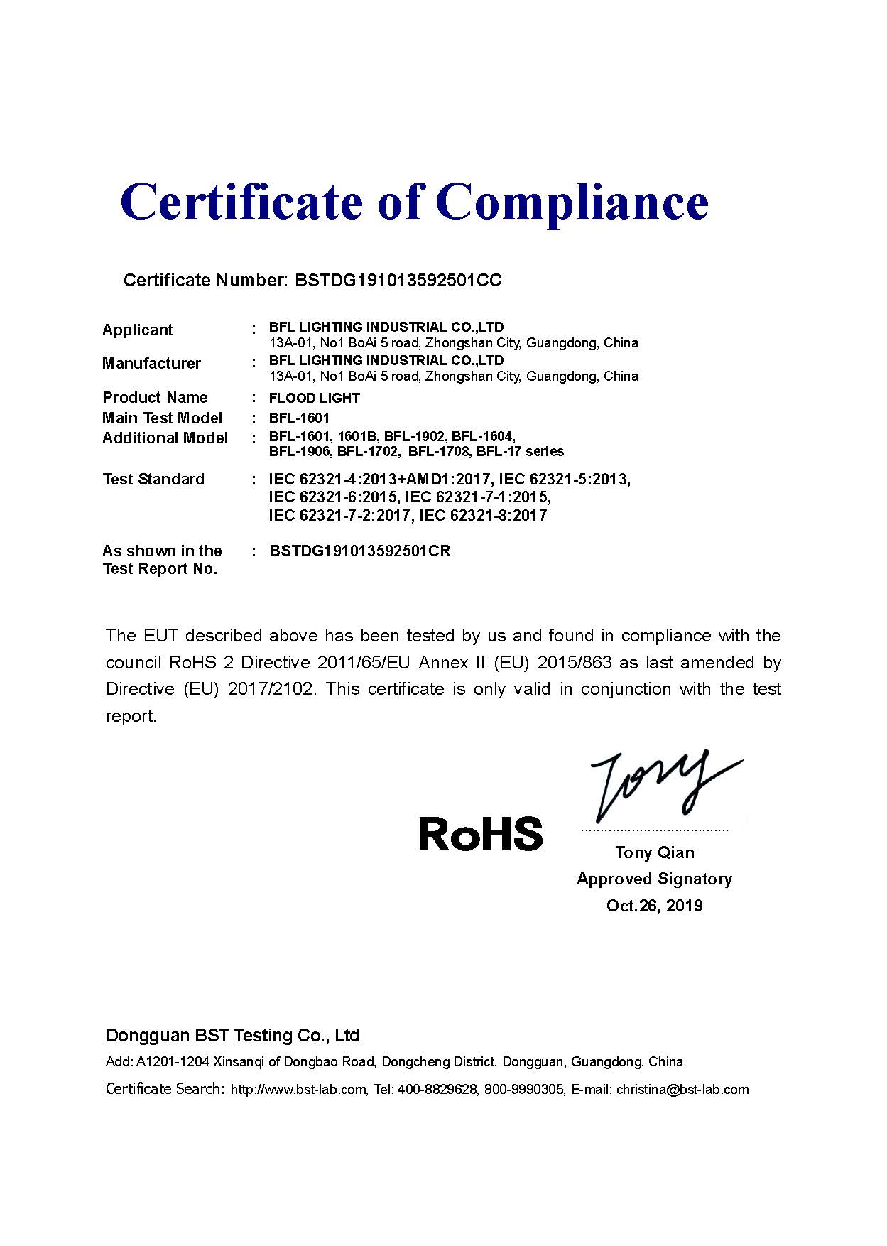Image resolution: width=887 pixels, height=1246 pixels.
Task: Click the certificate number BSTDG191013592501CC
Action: coord(398,280)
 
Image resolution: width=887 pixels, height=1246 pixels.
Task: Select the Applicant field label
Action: coord(137,330)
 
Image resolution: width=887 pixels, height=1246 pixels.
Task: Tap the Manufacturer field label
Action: coord(151,363)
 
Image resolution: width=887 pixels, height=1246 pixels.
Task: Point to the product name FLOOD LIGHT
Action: coord(314,398)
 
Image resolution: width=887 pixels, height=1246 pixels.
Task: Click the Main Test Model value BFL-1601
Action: coord(299,418)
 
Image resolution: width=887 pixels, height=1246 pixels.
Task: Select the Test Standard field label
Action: coord(153,479)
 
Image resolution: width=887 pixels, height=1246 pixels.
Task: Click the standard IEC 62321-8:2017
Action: coord(483,515)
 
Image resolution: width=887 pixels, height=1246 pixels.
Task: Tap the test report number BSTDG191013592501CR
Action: coord(359,551)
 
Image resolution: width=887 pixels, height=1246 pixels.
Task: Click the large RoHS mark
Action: coord(481,834)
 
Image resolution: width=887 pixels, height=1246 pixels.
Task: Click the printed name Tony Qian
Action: coord(654,852)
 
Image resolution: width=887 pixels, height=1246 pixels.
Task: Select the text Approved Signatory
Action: coord(654,879)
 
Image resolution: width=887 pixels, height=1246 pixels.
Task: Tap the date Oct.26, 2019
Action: coord(654,905)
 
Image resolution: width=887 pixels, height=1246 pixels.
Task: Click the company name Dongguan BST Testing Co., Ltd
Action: coord(232,1035)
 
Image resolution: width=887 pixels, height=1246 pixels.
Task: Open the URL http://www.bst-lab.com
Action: coord(298,1089)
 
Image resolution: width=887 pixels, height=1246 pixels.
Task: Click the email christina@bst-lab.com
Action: coord(682,1089)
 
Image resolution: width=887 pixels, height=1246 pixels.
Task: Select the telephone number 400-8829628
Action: coord(437,1089)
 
